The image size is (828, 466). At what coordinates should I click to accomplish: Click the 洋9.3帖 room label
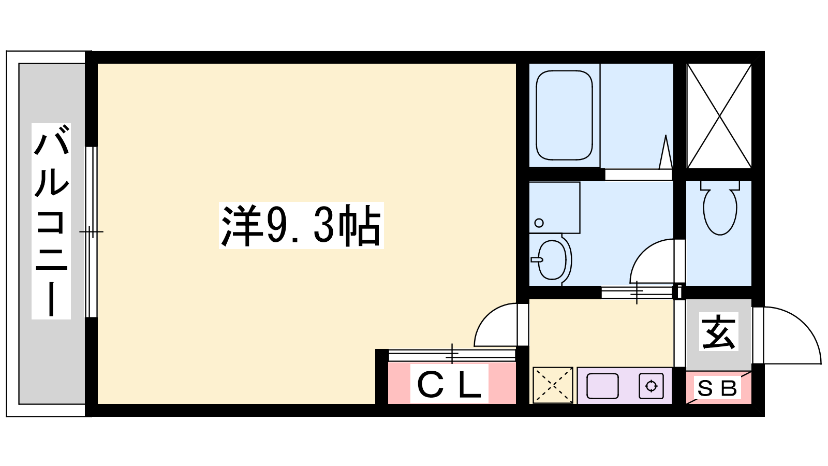click(x=301, y=225)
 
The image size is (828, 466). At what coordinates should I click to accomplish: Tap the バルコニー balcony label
click(x=51, y=221)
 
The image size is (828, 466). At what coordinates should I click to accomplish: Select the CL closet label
click(x=449, y=384)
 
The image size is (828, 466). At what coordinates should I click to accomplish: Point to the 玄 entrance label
click(x=719, y=332)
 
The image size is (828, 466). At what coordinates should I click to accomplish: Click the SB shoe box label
click(x=717, y=388)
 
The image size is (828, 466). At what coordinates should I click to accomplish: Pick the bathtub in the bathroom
click(x=564, y=115)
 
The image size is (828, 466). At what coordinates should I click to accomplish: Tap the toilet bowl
click(x=720, y=208)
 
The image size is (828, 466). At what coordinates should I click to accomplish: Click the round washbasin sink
click(x=552, y=259)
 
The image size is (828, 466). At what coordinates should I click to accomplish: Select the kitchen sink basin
click(x=602, y=386)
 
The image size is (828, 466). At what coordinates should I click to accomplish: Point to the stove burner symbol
click(x=651, y=386)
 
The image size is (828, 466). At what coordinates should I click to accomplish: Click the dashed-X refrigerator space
click(x=553, y=385)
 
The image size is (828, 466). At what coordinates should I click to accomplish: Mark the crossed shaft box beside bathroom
click(x=719, y=116)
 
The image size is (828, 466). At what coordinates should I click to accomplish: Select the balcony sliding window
click(x=91, y=232)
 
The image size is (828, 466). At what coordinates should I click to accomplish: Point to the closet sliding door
click(x=452, y=355)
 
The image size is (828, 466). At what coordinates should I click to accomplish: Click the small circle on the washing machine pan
click(x=539, y=223)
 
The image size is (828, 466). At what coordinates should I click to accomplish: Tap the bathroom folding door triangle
click(x=666, y=152)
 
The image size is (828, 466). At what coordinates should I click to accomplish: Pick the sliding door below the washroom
click(x=637, y=293)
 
